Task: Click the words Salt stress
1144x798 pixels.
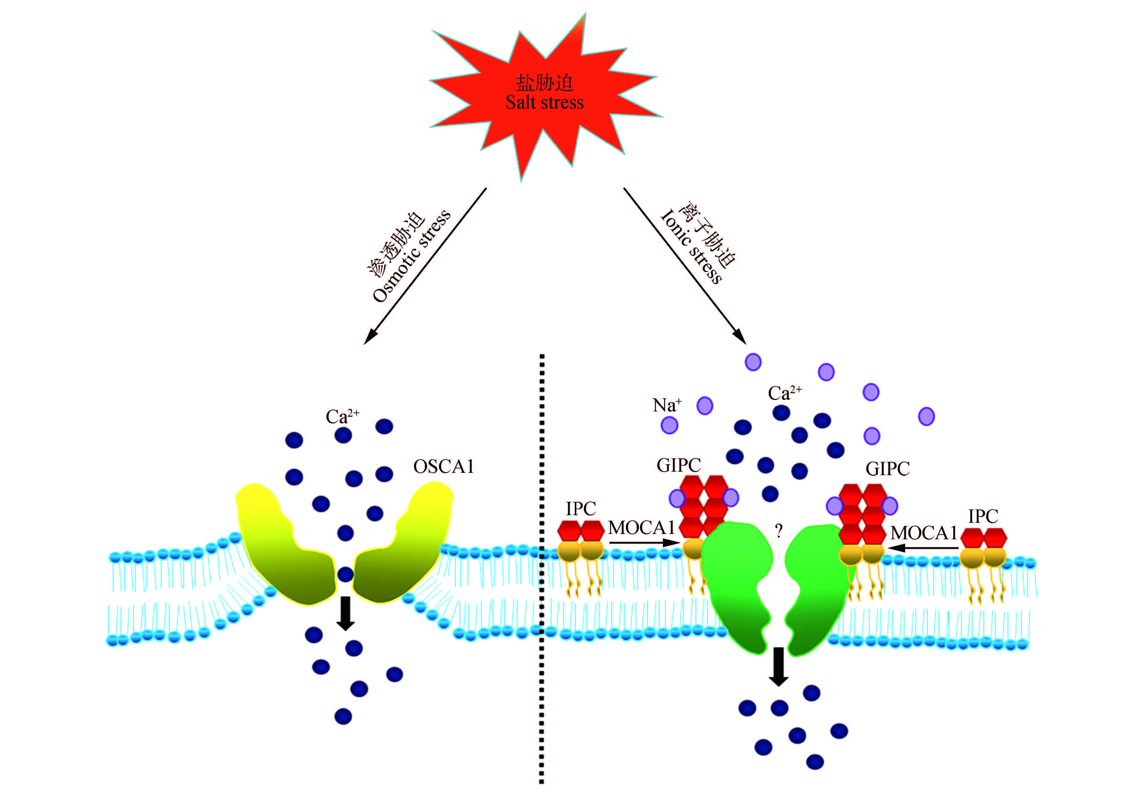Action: [x=544, y=103]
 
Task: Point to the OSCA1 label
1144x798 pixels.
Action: [x=443, y=467]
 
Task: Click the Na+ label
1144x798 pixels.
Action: [x=667, y=405]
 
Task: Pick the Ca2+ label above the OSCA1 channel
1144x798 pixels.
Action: [x=342, y=416]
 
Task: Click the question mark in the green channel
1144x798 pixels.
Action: [x=778, y=531]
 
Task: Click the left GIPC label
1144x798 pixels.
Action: [x=678, y=465]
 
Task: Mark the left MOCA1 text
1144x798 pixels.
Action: [x=641, y=527]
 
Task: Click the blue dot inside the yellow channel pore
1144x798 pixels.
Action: [x=345, y=574]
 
